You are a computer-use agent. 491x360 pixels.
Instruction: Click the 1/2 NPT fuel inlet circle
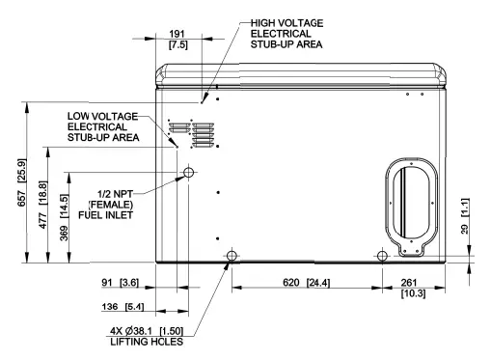tap(189, 173)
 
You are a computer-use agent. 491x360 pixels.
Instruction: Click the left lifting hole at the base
tap(232, 256)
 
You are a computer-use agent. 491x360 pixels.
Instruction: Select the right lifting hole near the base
tap(382, 256)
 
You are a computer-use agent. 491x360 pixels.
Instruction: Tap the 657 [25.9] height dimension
tap(22, 182)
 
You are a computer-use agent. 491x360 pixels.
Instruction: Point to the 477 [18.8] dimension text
tap(43, 205)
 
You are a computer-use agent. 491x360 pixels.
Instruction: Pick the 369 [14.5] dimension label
tap(65, 217)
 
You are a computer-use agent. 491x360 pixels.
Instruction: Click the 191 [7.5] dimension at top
tap(177, 40)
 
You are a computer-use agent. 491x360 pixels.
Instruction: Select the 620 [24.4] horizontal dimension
tap(307, 283)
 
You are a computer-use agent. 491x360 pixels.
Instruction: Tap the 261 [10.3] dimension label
tap(413, 288)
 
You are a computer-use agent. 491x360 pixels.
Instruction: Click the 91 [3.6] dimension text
tap(121, 283)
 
